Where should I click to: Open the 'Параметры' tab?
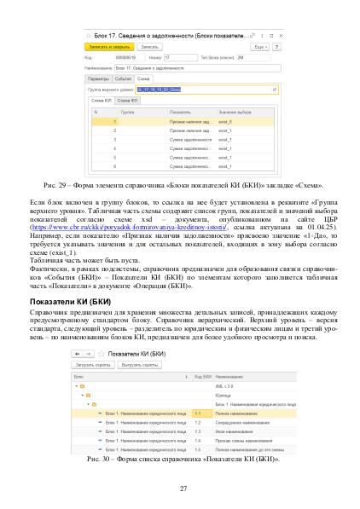[100, 77]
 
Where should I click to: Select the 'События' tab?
[122, 77]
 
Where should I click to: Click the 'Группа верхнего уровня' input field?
[213, 88]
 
